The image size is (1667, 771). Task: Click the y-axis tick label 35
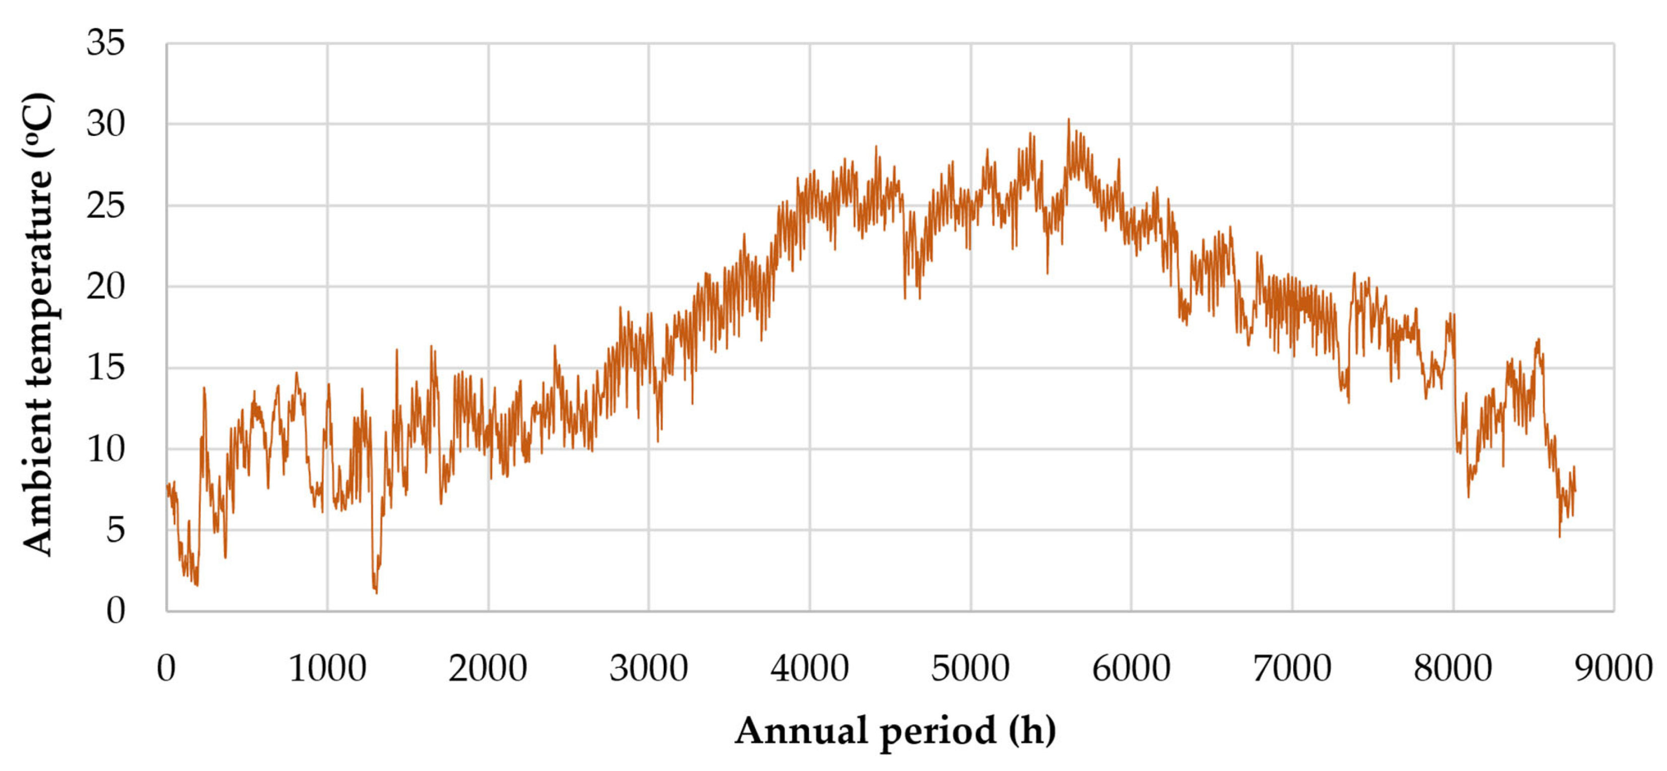click(105, 43)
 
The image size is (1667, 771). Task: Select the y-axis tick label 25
click(105, 206)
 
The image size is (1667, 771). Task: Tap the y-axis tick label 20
click(105, 286)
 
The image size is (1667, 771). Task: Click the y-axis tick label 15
click(105, 368)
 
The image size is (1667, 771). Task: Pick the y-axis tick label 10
click(105, 449)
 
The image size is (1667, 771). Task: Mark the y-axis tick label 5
click(115, 530)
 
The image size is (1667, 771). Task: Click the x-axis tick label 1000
click(327, 668)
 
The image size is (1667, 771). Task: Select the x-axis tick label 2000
click(488, 668)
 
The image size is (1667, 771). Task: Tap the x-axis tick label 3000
click(649, 668)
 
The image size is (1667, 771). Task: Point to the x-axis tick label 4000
click(809, 668)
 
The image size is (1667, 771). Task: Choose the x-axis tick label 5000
click(970, 668)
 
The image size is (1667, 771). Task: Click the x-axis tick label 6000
click(1131, 668)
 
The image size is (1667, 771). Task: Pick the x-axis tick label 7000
click(1292, 668)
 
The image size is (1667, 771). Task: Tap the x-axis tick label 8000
click(1453, 668)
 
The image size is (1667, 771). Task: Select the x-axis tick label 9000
click(1613, 668)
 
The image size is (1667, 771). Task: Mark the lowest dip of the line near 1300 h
click(376, 592)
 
